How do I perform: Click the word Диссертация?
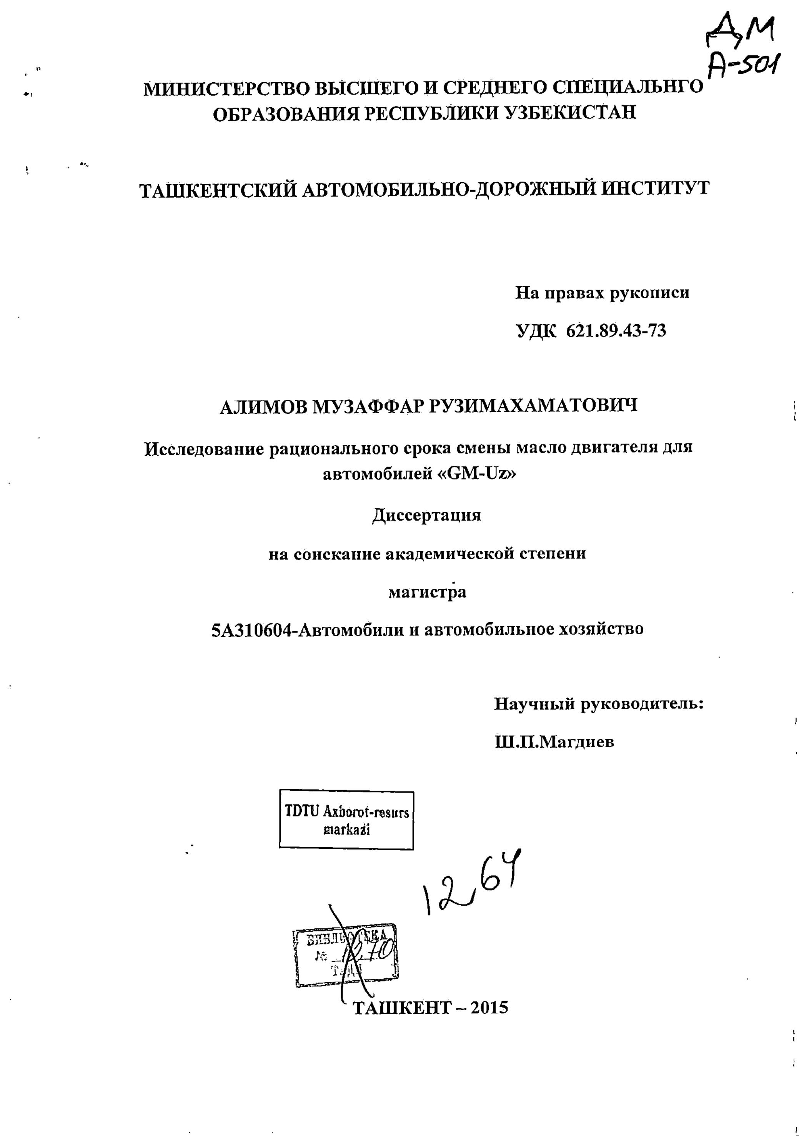[426, 515]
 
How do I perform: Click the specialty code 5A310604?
[253, 630]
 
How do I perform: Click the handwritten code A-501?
[742, 67]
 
